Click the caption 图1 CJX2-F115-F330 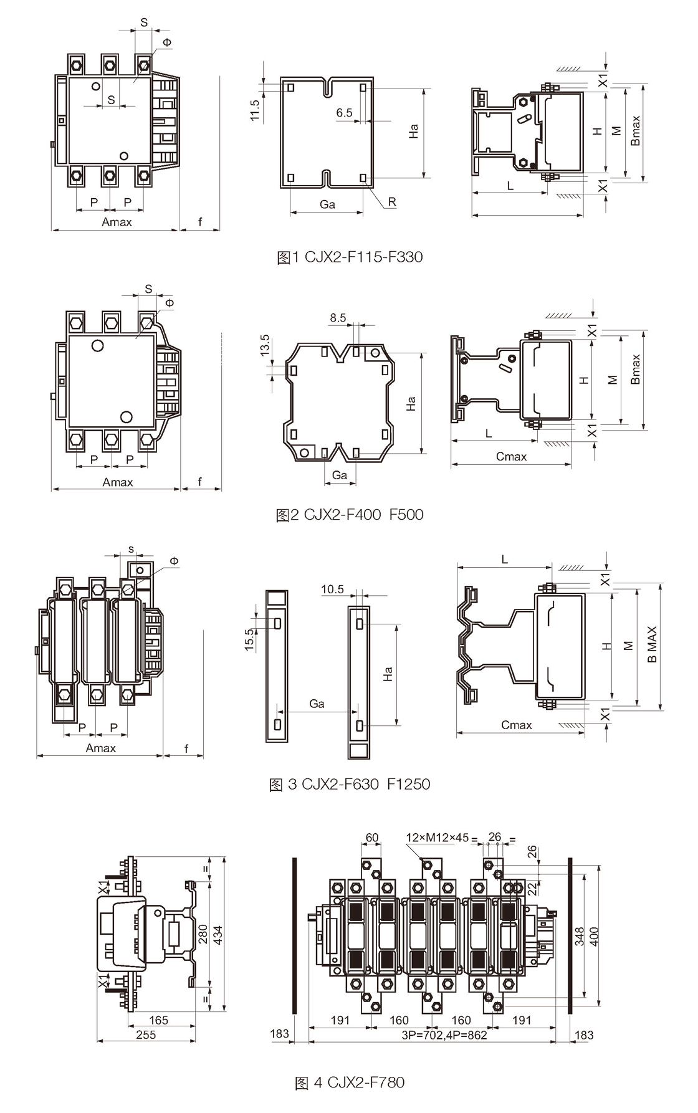pyautogui.click(x=350, y=257)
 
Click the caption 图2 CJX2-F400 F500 pyautogui.click(x=350, y=515)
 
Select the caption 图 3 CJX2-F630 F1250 pyautogui.click(x=350, y=784)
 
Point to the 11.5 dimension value pyautogui.click(x=255, y=110)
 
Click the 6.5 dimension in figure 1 pyautogui.click(x=344, y=113)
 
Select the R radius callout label pyautogui.click(x=392, y=202)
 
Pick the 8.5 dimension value pyautogui.click(x=338, y=318)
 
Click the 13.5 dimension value pyautogui.click(x=265, y=345)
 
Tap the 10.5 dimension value pyautogui.click(x=332, y=590)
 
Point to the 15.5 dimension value pyautogui.click(x=249, y=640)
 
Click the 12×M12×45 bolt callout pyautogui.click(x=437, y=837)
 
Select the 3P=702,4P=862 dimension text pyautogui.click(x=444, y=1034)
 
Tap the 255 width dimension pyautogui.click(x=146, y=1034)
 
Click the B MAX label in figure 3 pyautogui.click(x=652, y=644)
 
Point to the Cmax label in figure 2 pyautogui.click(x=511, y=457)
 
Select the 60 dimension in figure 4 pyautogui.click(x=372, y=838)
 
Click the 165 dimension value pyautogui.click(x=159, y=1020)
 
